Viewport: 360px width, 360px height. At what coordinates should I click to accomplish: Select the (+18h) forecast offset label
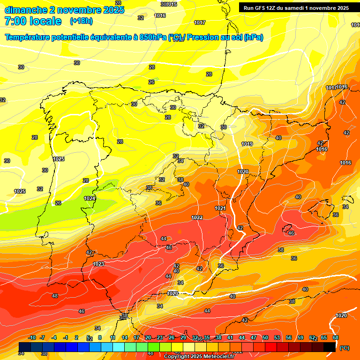tap(81, 21)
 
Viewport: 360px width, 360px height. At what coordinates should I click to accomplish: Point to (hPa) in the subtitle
tap(253, 37)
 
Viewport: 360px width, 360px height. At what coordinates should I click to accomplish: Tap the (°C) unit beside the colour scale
tap(344, 347)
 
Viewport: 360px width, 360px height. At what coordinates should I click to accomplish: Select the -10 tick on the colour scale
tap(32, 338)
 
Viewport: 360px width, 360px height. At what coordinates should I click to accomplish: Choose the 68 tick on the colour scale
tap(336, 338)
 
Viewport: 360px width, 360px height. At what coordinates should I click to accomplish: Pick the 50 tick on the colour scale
tap(265, 338)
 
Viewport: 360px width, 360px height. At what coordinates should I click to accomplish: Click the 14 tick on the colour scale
tap(125, 338)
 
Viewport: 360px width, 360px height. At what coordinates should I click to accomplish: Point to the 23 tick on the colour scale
tap(160, 338)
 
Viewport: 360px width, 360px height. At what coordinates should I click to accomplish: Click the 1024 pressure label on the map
tap(90, 198)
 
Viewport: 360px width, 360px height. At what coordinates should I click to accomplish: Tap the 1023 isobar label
tap(98, 264)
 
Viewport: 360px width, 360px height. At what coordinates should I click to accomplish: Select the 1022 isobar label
tap(197, 217)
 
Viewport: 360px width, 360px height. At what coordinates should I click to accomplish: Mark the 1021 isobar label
tap(220, 208)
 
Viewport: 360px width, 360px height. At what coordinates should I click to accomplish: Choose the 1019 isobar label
tap(247, 144)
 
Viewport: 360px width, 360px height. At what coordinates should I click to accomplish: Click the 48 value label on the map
tap(55, 296)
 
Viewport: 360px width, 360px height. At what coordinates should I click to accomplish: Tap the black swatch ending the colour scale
tap(330, 346)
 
